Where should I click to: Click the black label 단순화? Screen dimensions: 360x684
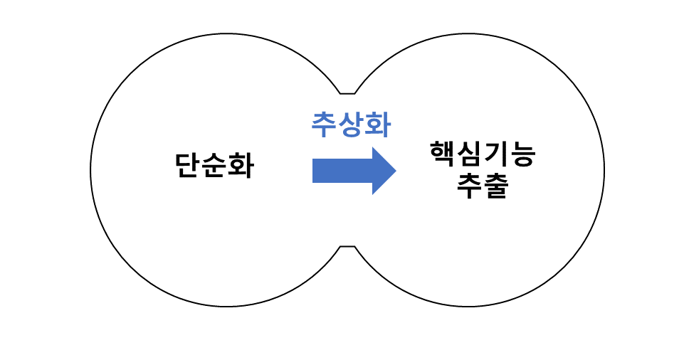click(x=214, y=166)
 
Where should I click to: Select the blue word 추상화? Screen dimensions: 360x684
click(x=351, y=125)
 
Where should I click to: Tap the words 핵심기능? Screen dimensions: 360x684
click(x=482, y=154)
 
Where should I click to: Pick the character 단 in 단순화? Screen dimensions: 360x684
click(x=188, y=166)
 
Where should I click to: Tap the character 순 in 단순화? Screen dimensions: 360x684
click(x=214, y=166)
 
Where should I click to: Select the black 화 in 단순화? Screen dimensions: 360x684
click(x=240, y=166)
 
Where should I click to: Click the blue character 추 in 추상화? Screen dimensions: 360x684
click(x=325, y=125)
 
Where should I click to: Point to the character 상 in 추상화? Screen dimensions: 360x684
click(x=351, y=125)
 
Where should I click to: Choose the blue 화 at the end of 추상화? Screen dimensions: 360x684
click(x=377, y=125)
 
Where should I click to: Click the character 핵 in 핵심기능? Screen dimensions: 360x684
click(x=443, y=154)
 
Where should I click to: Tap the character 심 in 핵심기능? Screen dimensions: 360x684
click(x=469, y=154)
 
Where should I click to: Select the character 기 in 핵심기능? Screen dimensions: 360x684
click(x=495, y=154)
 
